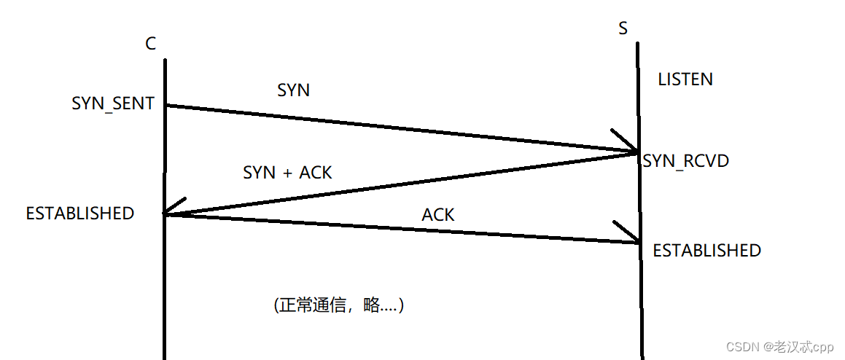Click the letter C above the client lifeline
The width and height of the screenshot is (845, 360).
[x=150, y=44]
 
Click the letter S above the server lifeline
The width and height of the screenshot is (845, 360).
[x=623, y=28]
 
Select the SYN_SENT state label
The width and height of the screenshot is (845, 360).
[x=113, y=103]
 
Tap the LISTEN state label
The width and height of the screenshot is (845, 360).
[x=685, y=79]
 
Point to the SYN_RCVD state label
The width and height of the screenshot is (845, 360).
[x=686, y=161]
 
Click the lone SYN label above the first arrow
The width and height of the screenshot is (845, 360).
[x=293, y=90]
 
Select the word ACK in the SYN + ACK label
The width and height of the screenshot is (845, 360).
[x=316, y=173]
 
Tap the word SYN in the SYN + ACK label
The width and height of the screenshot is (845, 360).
[x=260, y=173]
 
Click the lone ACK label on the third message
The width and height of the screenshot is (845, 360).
[x=438, y=215]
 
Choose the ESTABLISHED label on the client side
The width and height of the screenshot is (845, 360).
[x=80, y=214]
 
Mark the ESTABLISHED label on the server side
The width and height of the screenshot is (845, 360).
[x=706, y=251]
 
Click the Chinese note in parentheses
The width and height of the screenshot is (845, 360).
[x=339, y=305]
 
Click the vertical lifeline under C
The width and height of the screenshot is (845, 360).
[x=165, y=291]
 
